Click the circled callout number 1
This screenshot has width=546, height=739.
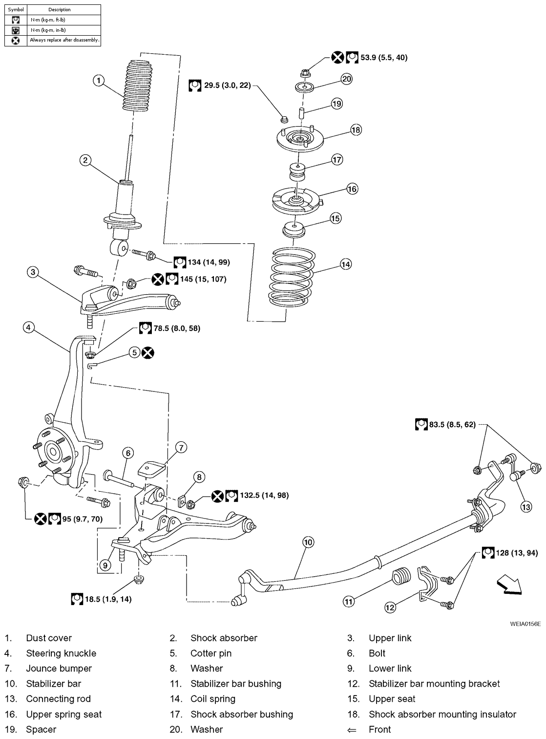pyautogui.click(x=99, y=80)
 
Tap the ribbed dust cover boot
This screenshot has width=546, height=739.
pyautogui.click(x=138, y=87)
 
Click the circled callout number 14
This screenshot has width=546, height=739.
pyautogui.click(x=346, y=264)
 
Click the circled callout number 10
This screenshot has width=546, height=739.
pyautogui.click(x=308, y=542)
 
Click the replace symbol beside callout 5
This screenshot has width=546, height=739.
pyautogui.click(x=148, y=352)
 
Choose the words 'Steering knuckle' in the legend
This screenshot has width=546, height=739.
pyautogui.click(x=61, y=653)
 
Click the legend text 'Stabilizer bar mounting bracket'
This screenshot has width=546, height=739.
pyautogui.click(x=434, y=683)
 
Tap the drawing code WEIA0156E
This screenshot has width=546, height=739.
pyautogui.click(x=525, y=624)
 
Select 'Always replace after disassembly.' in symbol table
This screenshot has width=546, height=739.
pyautogui.click(x=64, y=40)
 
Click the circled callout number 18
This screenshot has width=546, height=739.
pyautogui.click(x=356, y=130)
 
